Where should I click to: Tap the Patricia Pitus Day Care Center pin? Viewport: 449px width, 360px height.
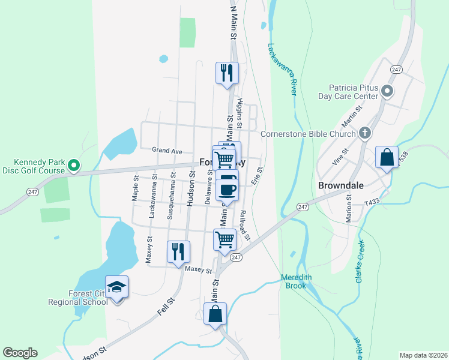click(x=387, y=92)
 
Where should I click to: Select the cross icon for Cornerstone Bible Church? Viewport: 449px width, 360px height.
click(x=364, y=133)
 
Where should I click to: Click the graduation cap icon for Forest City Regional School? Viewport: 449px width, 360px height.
click(x=117, y=286)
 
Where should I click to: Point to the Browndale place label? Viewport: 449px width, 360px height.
click(x=340, y=185)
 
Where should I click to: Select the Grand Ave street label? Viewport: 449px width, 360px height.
click(x=167, y=151)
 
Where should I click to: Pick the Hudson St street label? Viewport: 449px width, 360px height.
click(x=191, y=190)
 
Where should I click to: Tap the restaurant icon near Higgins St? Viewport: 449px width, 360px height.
click(x=227, y=73)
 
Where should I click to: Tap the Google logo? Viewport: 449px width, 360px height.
click(x=20, y=353)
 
